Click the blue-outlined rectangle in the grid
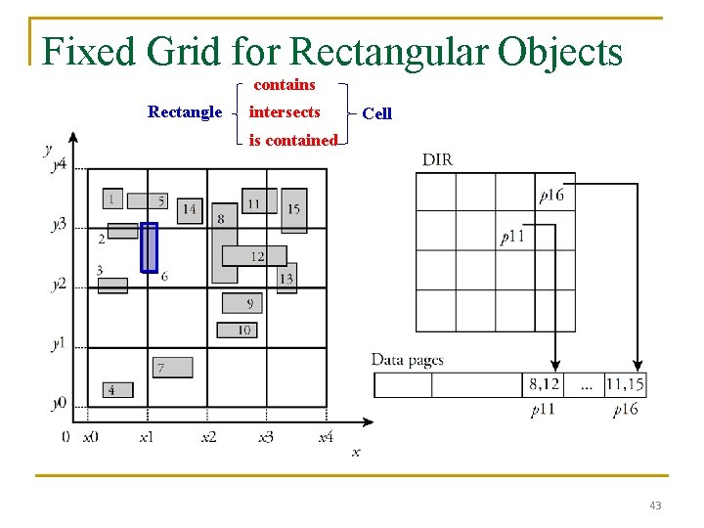[x=149, y=247]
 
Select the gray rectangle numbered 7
[x=172, y=367]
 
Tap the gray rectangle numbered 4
[x=116, y=389]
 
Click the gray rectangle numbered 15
[x=293, y=210]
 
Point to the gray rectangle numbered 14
[x=189, y=209]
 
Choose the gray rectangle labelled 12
[x=253, y=256]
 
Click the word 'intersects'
[x=285, y=112]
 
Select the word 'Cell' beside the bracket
[x=376, y=113]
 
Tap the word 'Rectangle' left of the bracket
[x=185, y=111]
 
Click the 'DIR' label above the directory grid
[x=437, y=159]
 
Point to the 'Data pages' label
[x=407, y=360]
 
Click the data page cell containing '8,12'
[x=545, y=385]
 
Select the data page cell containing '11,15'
[x=625, y=385]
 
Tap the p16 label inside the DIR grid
[x=551, y=196]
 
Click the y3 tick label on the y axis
[x=60, y=225]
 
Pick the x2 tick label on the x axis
[x=208, y=437]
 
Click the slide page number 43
[x=654, y=506]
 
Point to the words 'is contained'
[x=292, y=141]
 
